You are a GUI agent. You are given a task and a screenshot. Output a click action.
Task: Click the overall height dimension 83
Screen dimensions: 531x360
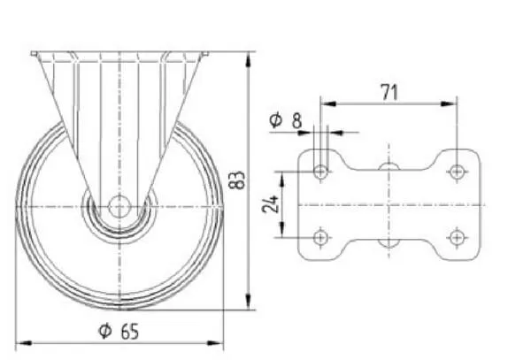[x=238, y=180]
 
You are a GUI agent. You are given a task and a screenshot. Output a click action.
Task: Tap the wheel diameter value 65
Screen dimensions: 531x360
[x=130, y=331]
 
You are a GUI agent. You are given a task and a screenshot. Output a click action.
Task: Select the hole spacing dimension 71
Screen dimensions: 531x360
[x=389, y=92]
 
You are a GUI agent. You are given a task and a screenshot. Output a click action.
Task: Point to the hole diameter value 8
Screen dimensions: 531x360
[x=296, y=121]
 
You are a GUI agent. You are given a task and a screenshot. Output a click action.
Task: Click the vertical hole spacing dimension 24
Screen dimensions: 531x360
[x=271, y=203]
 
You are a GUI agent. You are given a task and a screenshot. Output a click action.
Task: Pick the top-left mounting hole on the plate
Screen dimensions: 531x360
[x=320, y=172]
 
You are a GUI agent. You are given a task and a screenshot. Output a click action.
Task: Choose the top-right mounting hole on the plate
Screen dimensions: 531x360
[x=457, y=172]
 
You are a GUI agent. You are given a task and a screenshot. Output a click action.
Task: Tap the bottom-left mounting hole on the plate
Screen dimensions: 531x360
[x=320, y=238]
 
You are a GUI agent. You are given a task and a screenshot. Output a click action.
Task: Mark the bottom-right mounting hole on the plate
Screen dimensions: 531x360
[x=457, y=238]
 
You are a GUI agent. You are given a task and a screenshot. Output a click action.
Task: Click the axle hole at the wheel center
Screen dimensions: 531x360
[x=119, y=206]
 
